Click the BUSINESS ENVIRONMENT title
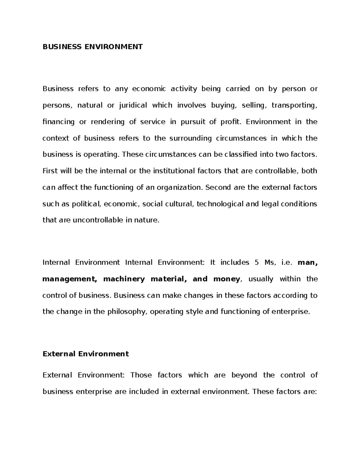point(93,47)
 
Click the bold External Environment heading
point(86,354)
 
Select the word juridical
point(133,105)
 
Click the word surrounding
point(190,138)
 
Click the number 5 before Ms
point(256,263)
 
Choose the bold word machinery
point(124,279)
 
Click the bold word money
point(226,279)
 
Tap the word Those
point(141,375)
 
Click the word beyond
point(244,375)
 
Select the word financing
point(58,122)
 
